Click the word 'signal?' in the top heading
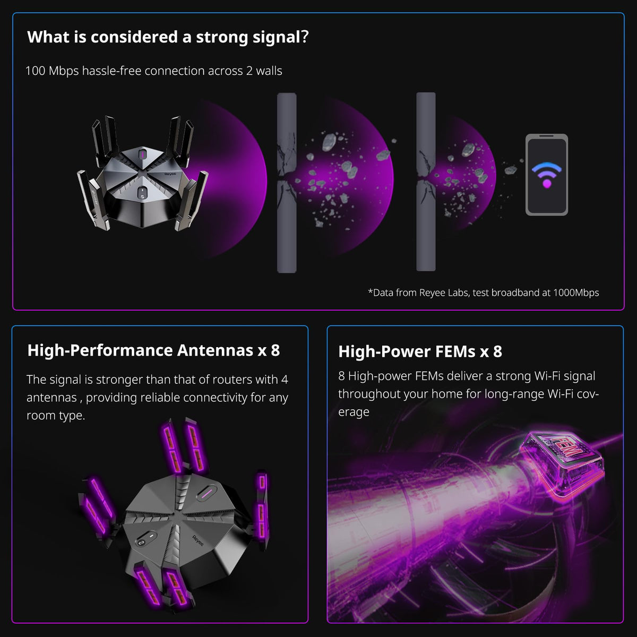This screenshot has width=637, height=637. (x=280, y=37)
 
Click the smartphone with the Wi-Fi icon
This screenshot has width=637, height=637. (x=546, y=175)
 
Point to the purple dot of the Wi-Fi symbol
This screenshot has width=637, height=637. (x=547, y=184)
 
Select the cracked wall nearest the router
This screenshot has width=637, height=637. (x=287, y=183)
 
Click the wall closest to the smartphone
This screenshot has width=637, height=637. (x=426, y=182)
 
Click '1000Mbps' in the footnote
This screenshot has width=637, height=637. (x=576, y=293)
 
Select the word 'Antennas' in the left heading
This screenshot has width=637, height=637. (x=215, y=350)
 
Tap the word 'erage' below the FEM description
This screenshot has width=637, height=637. (x=354, y=412)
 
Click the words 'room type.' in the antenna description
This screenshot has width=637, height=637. (x=56, y=416)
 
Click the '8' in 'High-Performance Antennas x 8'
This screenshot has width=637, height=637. (x=275, y=350)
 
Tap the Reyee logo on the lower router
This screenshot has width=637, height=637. (x=197, y=541)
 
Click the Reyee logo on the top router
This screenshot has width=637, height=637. (x=170, y=174)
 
